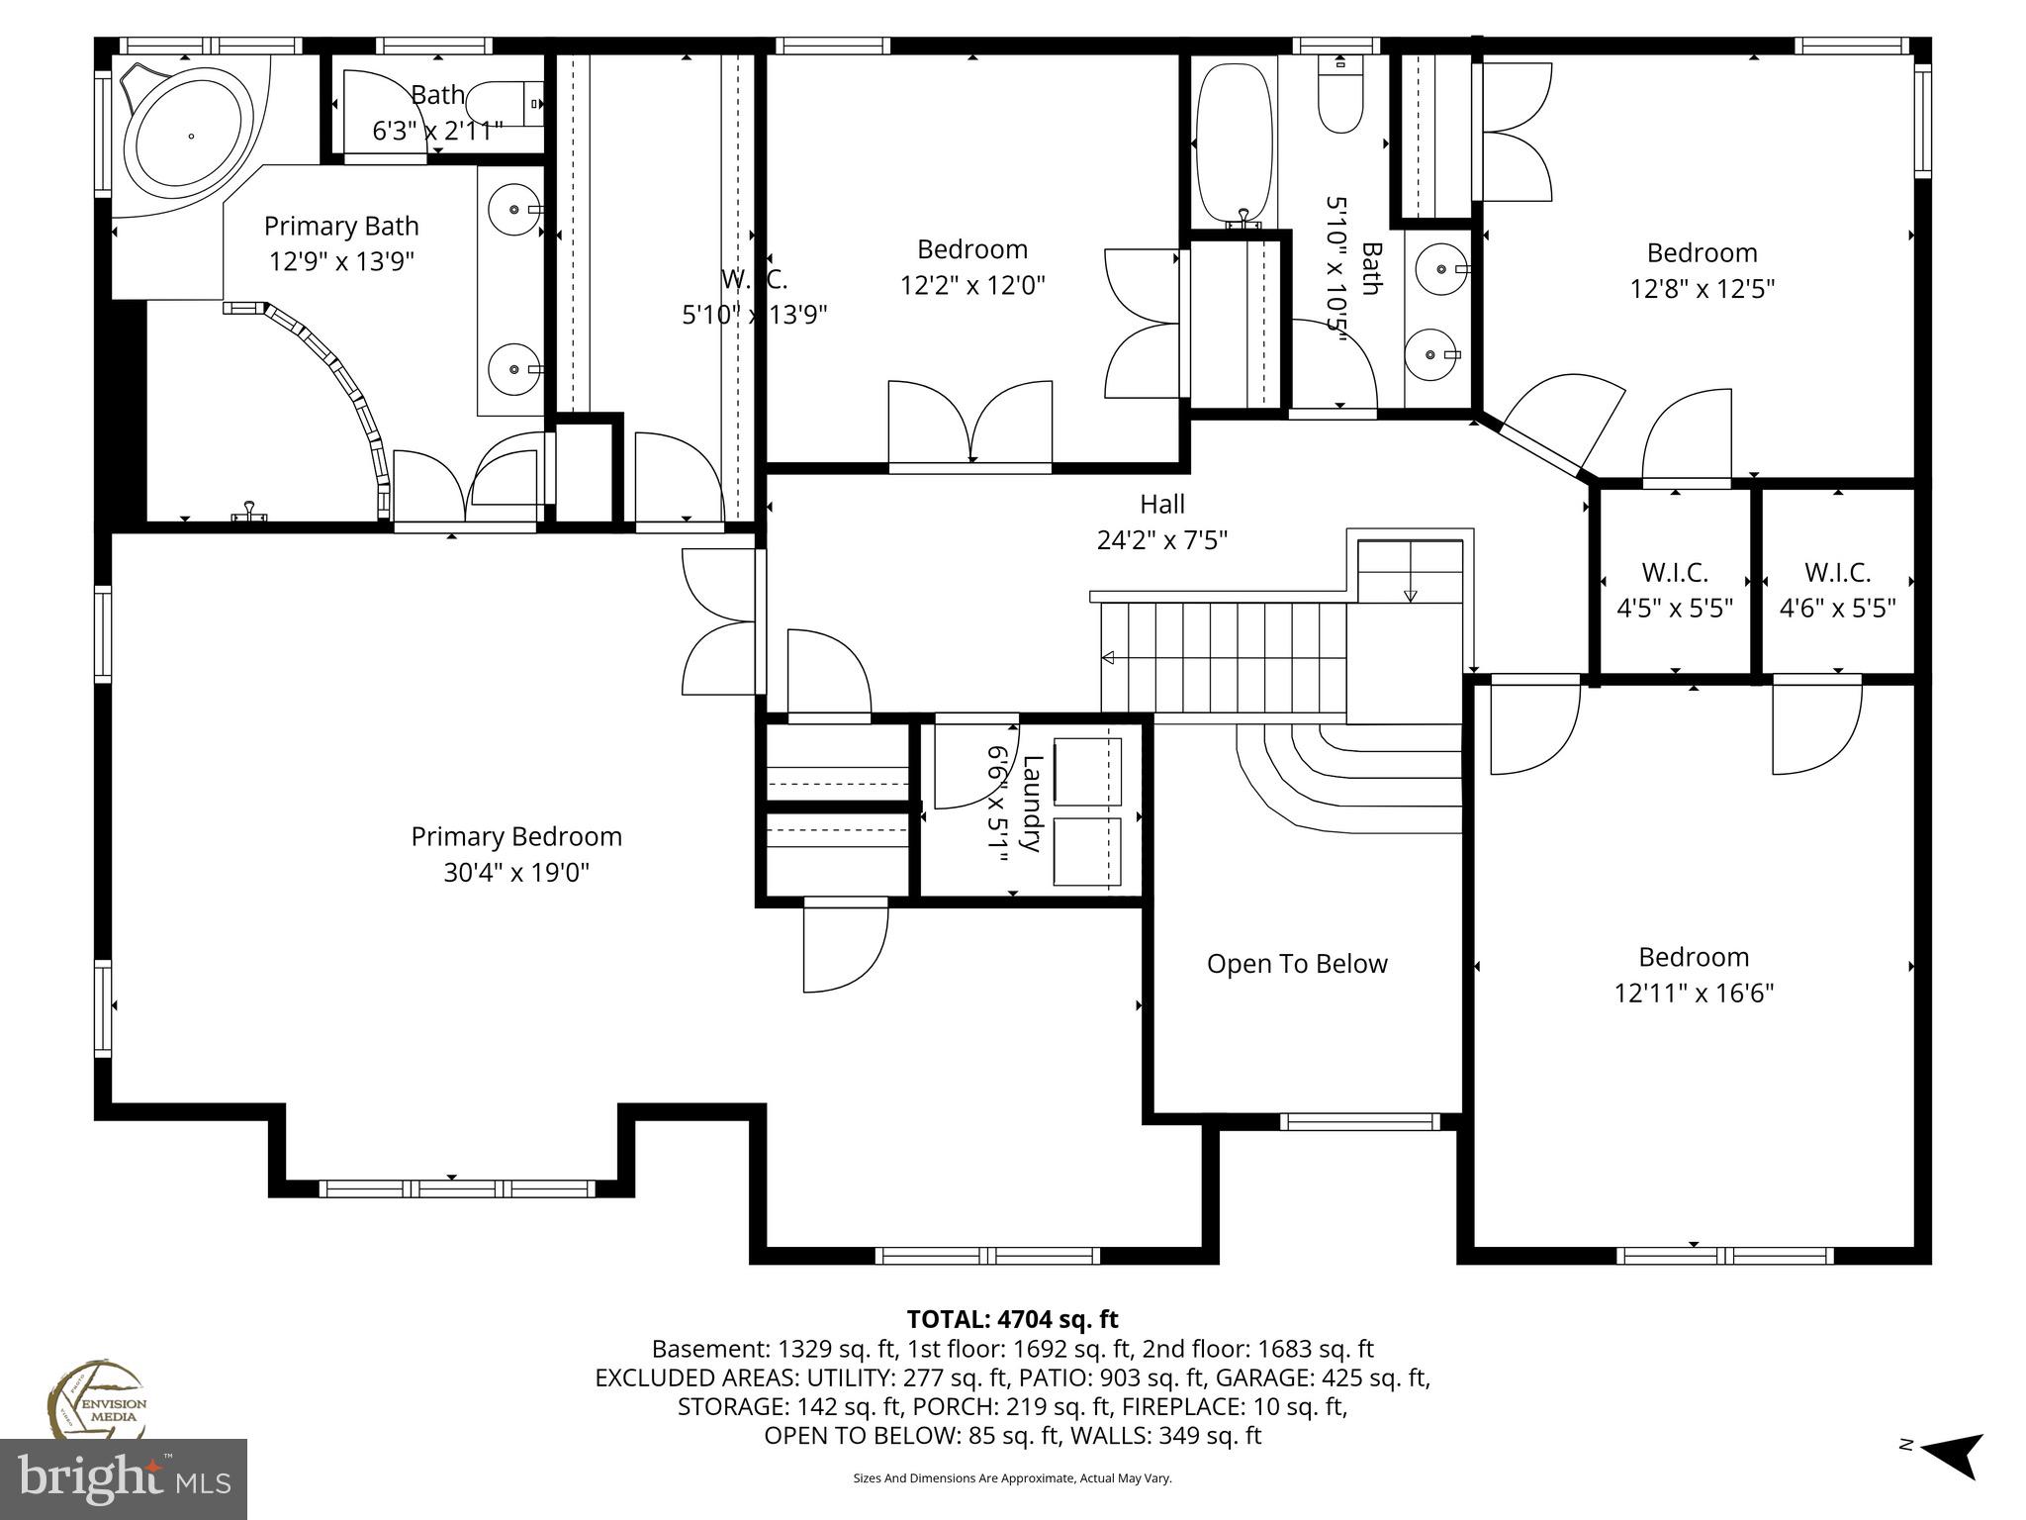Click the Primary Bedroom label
click(x=516, y=837)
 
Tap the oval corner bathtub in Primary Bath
click(x=191, y=136)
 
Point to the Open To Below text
click(x=1297, y=964)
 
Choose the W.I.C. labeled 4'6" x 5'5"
click(x=1837, y=608)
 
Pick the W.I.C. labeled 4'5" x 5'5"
click(x=1675, y=608)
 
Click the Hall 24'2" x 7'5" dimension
click(x=1162, y=540)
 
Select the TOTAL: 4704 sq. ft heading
click(x=1012, y=1319)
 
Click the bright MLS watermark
click(x=124, y=1479)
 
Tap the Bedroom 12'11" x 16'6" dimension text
click(x=1694, y=993)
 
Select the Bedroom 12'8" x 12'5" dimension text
click(x=1702, y=289)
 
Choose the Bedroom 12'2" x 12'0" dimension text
click(x=972, y=285)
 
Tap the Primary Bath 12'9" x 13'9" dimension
click(x=341, y=262)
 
